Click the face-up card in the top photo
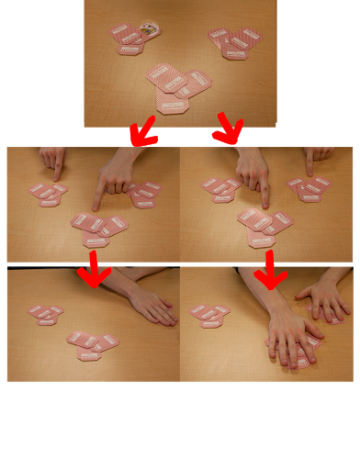pyautogui.click(x=150, y=30)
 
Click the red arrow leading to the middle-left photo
pyautogui.click(x=143, y=131)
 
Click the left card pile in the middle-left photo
pyautogui.click(x=48, y=194)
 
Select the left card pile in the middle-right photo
pyautogui.click(x=220, y=190)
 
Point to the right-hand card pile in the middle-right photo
pyautogui.click(x=309, y=189)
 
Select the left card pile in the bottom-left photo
pyautogui.click(x=46, y=315)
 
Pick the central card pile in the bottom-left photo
pyautogui.click(x=92, y=344)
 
